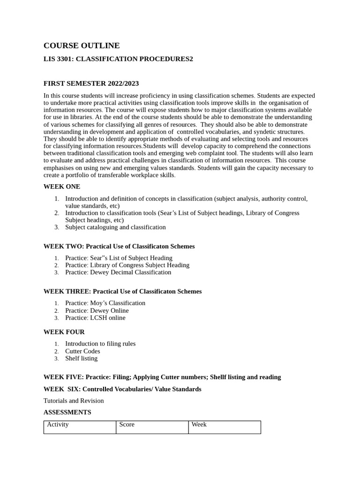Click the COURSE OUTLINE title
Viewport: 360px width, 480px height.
click(82, 45)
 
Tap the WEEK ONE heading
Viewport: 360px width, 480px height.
click(62, 187)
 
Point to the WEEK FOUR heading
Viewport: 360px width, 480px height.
click(64, 332)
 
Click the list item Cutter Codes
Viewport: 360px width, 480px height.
click(82, 351)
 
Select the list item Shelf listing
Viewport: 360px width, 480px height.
click(82, 359)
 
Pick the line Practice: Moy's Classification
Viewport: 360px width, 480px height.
click(105, 303)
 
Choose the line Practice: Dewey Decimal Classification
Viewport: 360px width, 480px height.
click(118, 272)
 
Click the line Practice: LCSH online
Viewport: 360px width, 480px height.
click(95, 318)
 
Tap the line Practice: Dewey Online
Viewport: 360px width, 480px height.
click(97, 310)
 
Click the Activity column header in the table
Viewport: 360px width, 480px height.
click(58, 425)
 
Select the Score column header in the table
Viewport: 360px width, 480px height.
click(127, 425)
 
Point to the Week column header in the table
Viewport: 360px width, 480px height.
click(199, 425)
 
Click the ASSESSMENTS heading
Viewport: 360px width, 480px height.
click(67, 412)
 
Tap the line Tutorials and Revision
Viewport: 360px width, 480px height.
click(74, 401)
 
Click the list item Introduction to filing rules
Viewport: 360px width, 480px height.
click(100, 344)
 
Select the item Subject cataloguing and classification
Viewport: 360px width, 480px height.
click(115, 227)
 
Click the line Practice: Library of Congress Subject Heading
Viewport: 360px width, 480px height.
click(127, 265)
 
